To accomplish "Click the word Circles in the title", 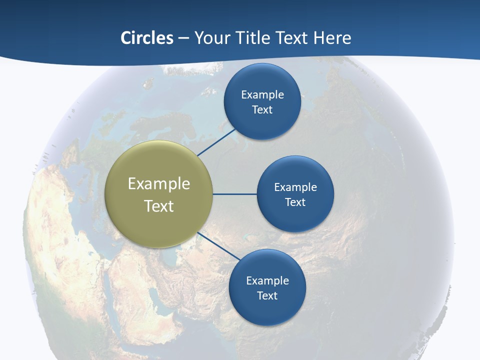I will coord(146,38).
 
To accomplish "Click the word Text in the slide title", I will coord(293,38).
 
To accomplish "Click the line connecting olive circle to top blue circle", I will coord(217,142).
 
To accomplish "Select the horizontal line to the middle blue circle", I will coord(234,194).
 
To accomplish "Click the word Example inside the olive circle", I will coord(158,184).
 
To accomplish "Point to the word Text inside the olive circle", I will coord(158,206).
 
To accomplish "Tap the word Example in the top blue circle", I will coord(262,95).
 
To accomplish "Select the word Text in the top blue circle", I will coord(262,110).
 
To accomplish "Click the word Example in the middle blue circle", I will coord(295,187).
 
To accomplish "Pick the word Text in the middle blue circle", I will coord(295,202).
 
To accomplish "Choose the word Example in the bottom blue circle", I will coord(267,281).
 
